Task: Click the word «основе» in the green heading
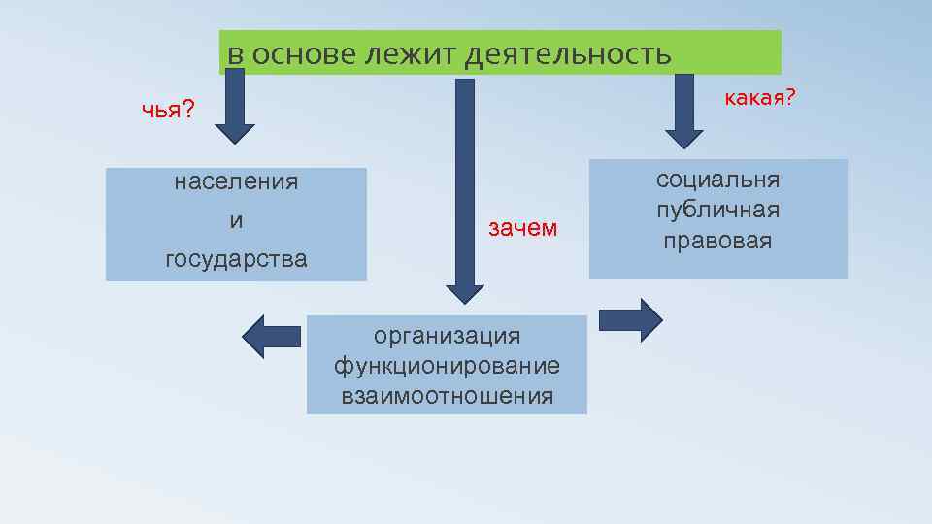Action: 304,55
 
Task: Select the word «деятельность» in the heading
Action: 568,55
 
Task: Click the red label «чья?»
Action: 168,110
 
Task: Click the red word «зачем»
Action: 522,228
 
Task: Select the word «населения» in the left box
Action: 236,182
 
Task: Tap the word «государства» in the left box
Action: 236,259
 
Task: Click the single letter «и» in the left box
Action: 236,221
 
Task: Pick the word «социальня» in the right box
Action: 718,180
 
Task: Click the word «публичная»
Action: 718,211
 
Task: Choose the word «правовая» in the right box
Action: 718,241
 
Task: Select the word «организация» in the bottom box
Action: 448,336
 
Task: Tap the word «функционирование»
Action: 448,366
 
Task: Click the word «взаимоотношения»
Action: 448,396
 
